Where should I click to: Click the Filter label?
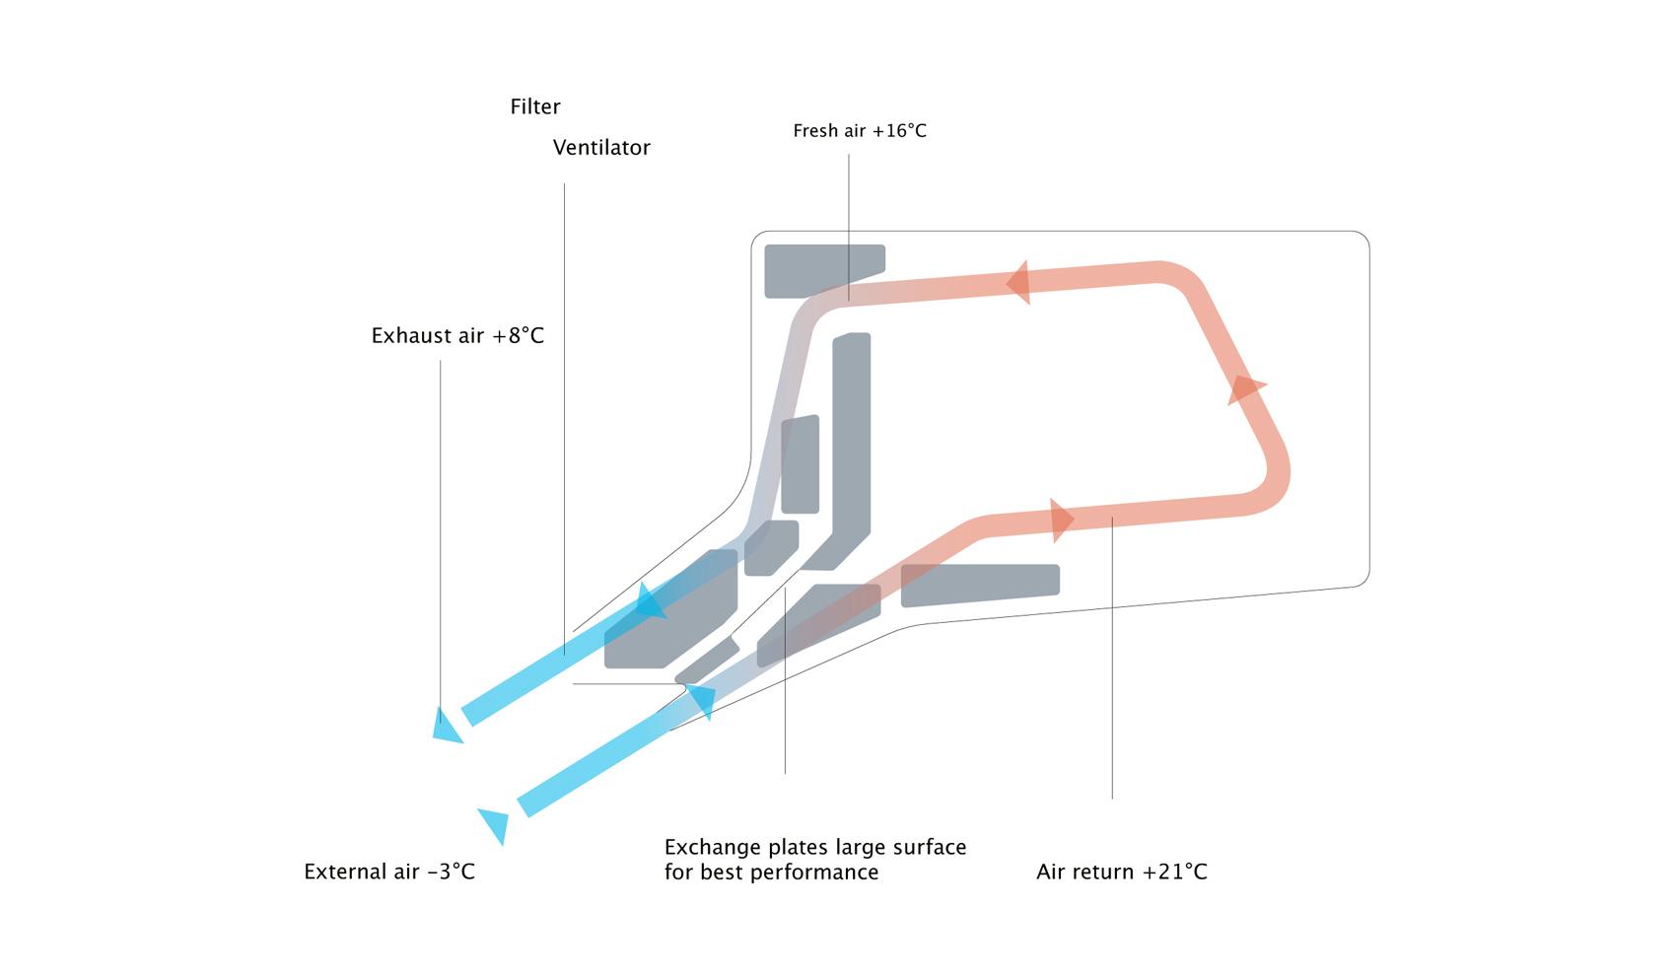pyautogui.click(x=534, y=106)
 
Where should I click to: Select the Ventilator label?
pyautogui.click(x=601, y=148)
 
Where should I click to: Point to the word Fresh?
pyautogui.click(x=814, y=131)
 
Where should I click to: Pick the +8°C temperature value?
pyautogui.click(x=518, y=336)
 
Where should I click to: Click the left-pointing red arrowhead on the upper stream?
pyautogui.click(x=1019, y=283)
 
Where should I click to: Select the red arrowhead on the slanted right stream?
pyautogui.click(x=1245, y=388)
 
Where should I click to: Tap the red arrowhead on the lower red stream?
pyautogui.click(x=1061, y=520)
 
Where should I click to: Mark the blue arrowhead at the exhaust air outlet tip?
pyautogui.click(x=446, y=728)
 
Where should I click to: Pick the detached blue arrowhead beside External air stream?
pyautogui.click(x=495, y=824)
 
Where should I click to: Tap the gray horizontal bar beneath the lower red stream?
pyautogui.click(x=979, y=584)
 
